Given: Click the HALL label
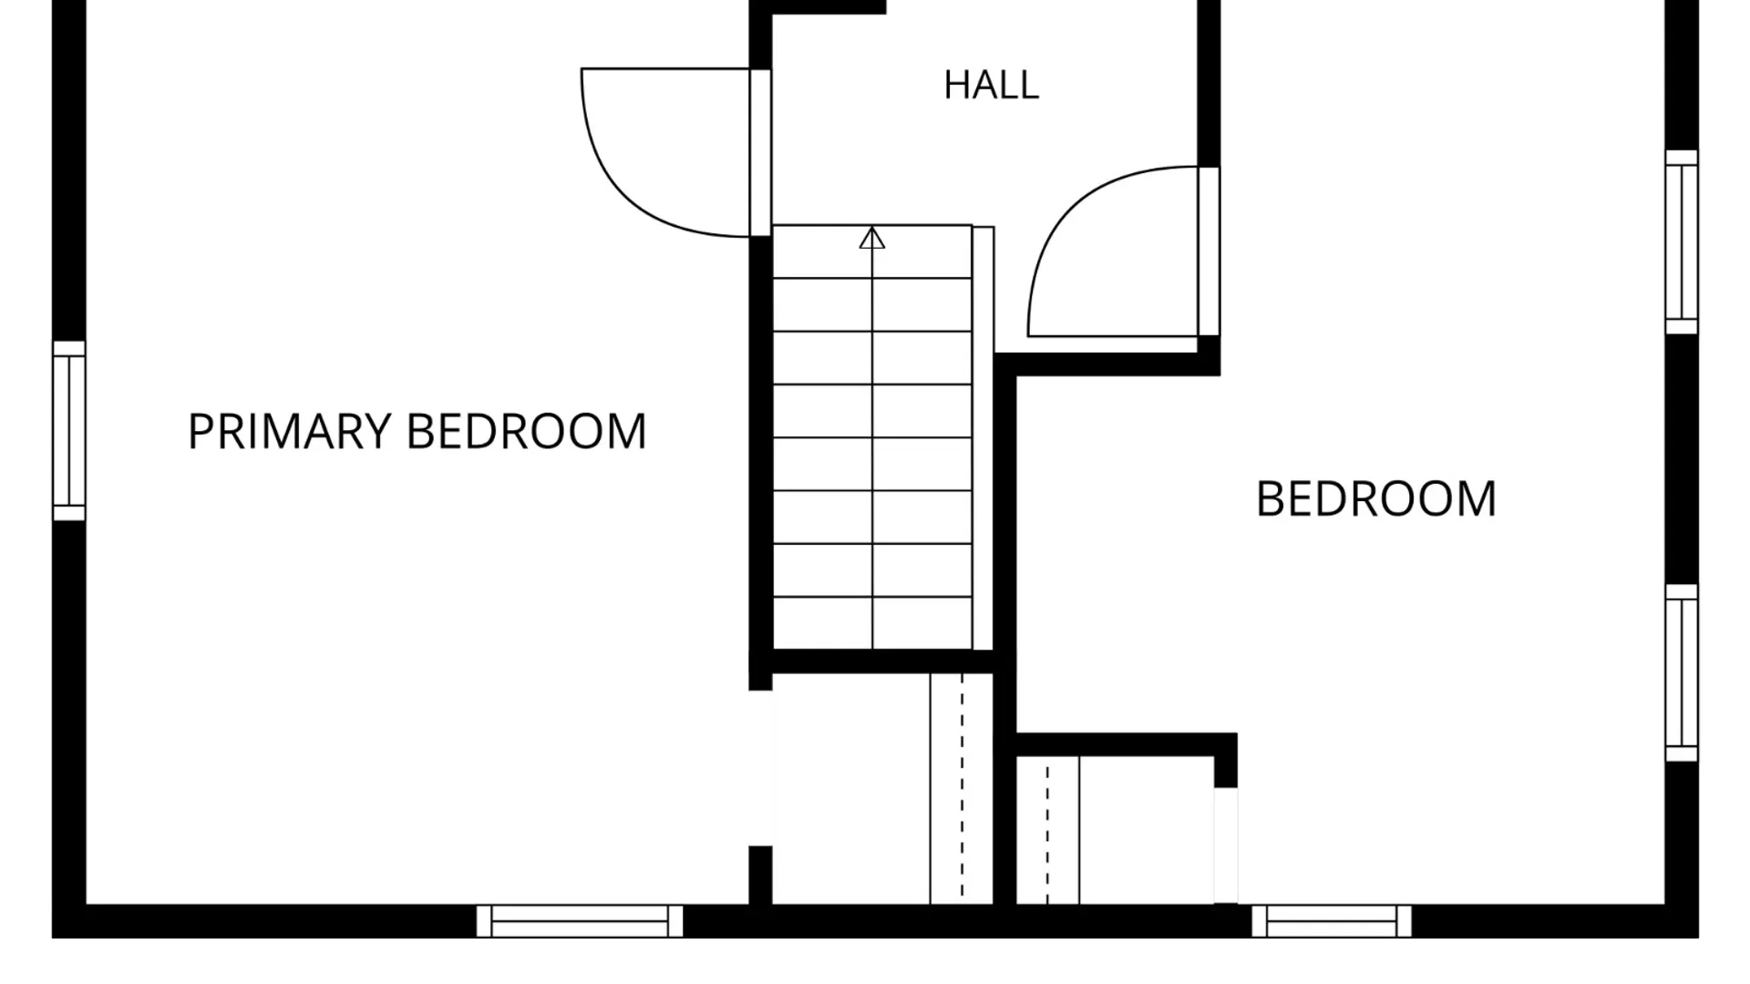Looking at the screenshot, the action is (x=991, y=85).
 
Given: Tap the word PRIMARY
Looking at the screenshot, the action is (x=289, y=431).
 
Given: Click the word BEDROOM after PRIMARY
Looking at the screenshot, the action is (x=526, y=431).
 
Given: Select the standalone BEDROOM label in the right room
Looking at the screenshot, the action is (x=1376, y=499).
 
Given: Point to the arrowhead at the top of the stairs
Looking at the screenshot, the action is (x=872, y=238).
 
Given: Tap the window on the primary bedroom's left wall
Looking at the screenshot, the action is (x=69, y=431).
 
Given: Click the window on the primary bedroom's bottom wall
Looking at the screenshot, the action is (x=580, y=921).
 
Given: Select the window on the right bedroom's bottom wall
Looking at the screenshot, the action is (x=1332, y=921).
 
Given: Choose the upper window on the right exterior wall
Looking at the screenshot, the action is (x=1682, y=242).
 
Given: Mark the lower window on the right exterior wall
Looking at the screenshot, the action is (x=1682, y=673).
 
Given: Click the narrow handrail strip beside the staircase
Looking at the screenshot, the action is (x=983, y=438).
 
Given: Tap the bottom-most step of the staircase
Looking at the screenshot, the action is (x=872, y=624).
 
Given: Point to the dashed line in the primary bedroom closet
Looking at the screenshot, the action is (x=962, y=788).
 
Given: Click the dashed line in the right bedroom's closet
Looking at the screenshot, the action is (x=1047, y=830).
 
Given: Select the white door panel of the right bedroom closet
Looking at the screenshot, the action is (x=1226, y=846).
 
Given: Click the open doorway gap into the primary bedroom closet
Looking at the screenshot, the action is (x=761, y=768).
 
